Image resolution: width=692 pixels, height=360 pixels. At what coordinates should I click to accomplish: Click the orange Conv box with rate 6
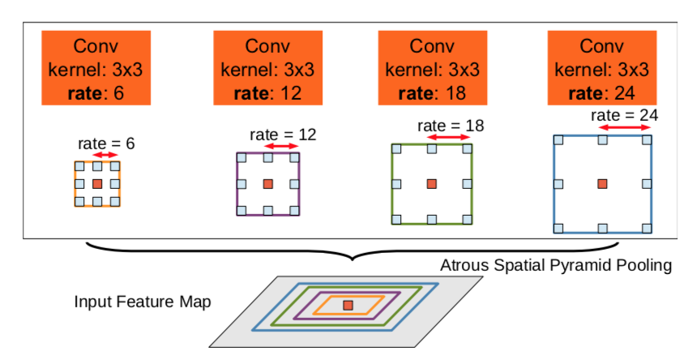pyautogui.click(x=96, y=68)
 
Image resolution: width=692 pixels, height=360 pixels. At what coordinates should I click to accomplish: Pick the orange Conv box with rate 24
pyautogui.click(x=602, y=68)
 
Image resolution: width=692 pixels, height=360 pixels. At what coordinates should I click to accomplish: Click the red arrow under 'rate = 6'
pyautogui.click(x=106, y=155)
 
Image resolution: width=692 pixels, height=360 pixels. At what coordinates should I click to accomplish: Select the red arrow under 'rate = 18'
pyautogui.click(x=449, y=138)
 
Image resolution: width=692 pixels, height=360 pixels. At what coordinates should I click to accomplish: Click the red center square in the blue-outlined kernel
pyautogui.click(x=602, y=184)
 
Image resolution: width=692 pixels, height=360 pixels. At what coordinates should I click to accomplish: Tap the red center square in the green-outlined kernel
pyautogui.click(x=431, y=184)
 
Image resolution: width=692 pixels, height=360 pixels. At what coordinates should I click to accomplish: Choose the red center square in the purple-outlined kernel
pyautogui.click(x=268, y=184)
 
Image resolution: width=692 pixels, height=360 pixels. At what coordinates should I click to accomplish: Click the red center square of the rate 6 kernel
pyautogui.click(x=97, y=184)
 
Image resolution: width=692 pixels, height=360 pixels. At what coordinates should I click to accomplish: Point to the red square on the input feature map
pyautogui.click(x=348, y=305)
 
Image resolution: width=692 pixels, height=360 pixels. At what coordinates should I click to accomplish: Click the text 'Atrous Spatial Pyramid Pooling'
pyautogui.click(x=556, y=265)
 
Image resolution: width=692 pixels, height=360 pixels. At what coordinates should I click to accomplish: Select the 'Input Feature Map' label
pyautogui.click(x=143, y=302)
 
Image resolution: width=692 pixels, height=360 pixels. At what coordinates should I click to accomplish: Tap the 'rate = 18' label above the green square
pyautogui.click(x=450, y=126)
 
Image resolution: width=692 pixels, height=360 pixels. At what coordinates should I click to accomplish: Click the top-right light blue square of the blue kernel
pyautogui.click(x=647, y=139)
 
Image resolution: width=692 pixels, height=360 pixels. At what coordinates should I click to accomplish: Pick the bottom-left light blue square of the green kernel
pyautogui.click(x=396, y=219)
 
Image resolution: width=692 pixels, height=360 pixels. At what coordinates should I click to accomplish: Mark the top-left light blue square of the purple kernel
pyautogui.click(x=241, y=156)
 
